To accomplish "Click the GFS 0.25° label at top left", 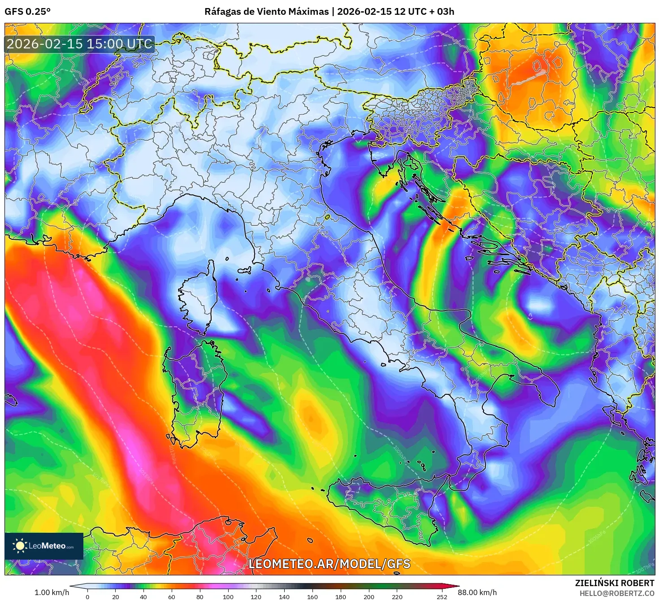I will pyautogui.click(x=27, y=12).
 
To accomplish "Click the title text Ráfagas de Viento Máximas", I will pyautogui.click(x=266, y=12).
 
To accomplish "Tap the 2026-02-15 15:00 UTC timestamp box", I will pyautogui.click(x=80, y=44).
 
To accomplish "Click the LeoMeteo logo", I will pyautogui.click(x=44, y=546).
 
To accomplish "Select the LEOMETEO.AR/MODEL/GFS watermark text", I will pyautogui.click(x=329, y=564).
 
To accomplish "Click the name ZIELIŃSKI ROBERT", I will pyautogui.click(x=614, y=583).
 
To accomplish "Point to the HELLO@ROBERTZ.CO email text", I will pyautogui.click(x=616, y=593).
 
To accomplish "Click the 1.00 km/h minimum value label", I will pyautogui.click(x=52, y=592).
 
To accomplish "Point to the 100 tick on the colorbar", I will pyautogui.click(x=228, y=596).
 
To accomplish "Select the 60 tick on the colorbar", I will pyautogui.click(x=172, y=596).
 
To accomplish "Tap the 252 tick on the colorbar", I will pyautogui.click(x=442, y=596).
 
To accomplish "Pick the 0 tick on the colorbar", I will pyautogui.click(x=87, y=596).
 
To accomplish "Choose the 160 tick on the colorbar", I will pyautogui.click(x=312, y=596).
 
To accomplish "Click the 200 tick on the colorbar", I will pyautogui.click(x=369, y=596).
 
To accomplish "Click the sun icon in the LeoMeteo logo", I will pyautogui.click(x=20, y=546).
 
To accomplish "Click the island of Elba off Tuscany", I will pyautogui.click(x=244, y=271).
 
